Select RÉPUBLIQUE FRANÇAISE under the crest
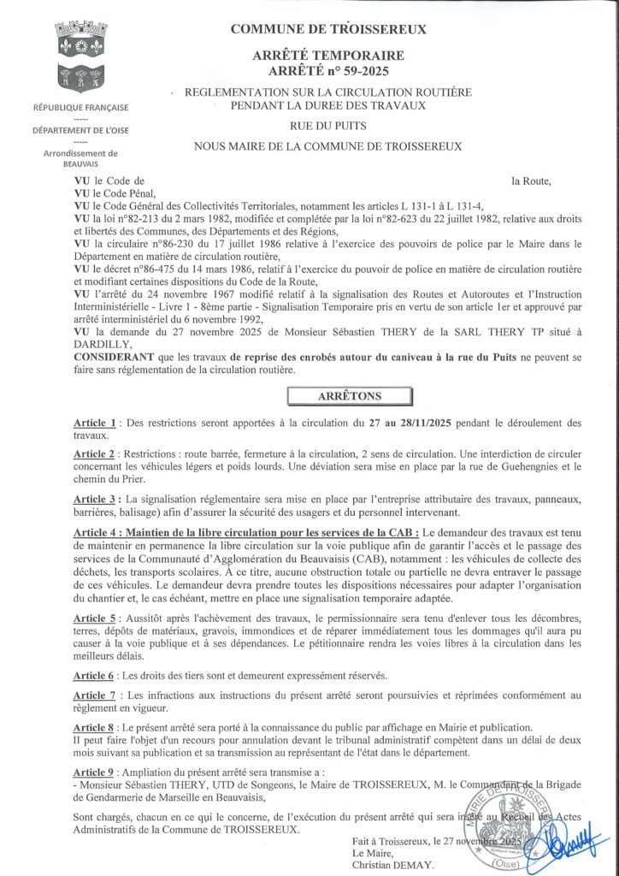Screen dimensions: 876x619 point(80,108)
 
